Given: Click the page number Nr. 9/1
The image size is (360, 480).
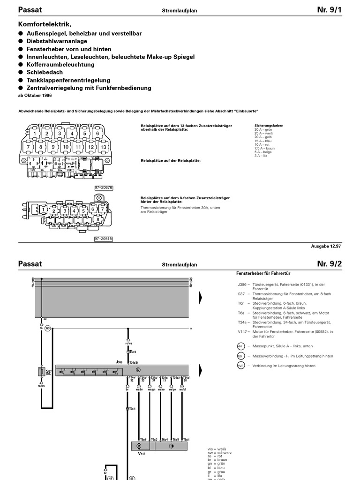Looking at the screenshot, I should click(329, 10).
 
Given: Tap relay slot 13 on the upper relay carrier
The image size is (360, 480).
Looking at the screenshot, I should click(104, 147).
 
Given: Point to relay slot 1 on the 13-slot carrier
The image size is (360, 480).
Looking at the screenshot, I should click(35, 134).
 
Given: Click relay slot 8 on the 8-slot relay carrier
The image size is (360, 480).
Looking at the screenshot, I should click(97, 219).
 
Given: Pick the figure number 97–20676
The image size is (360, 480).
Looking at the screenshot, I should click(104, 188).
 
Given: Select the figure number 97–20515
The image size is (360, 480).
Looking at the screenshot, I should click(104, 239).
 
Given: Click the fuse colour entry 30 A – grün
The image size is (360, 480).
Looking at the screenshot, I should click(263, 129).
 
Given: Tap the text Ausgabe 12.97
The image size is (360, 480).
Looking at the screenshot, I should click(326, 246).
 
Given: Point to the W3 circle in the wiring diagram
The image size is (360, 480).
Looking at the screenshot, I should click(47, 329).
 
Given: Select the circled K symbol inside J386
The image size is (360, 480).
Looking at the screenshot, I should click(138, 370).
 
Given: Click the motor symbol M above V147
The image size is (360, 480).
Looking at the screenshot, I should click(139, 446).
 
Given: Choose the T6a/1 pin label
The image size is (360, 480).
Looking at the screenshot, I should click(186, 439).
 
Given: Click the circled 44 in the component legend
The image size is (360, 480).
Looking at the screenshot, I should click(241, 346).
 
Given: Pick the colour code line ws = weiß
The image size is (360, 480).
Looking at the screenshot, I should click(217, 449).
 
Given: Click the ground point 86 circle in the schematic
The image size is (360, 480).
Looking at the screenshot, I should click(132, 478).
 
